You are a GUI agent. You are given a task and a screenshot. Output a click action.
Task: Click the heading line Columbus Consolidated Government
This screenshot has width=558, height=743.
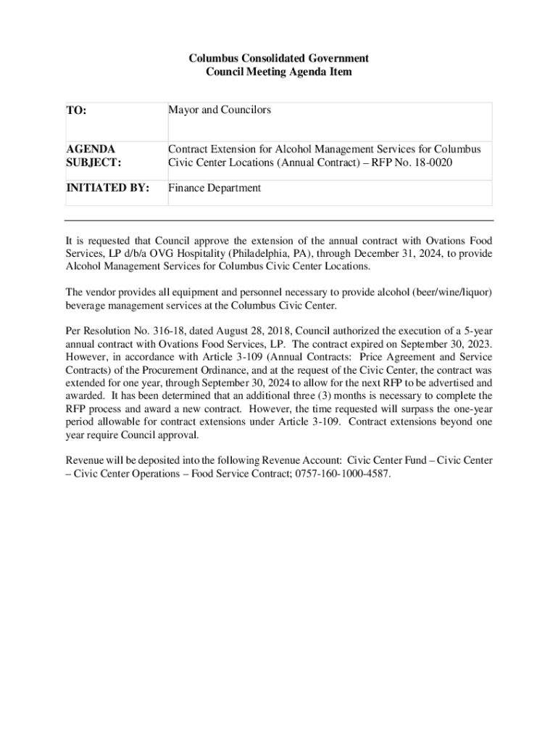click(x=279, y=58)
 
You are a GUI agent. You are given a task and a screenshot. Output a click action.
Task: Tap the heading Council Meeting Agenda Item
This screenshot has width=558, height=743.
click(x=279, y=72)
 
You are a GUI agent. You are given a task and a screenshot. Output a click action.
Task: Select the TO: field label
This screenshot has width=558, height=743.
click(x=76, y=111)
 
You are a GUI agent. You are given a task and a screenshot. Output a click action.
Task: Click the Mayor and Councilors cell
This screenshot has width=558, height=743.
click(x=220, y=110)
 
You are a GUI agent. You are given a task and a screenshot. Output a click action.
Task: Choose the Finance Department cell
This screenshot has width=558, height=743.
click(x=215, y=188)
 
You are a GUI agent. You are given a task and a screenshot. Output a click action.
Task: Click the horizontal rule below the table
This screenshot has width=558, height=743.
click(x=279, y=220)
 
